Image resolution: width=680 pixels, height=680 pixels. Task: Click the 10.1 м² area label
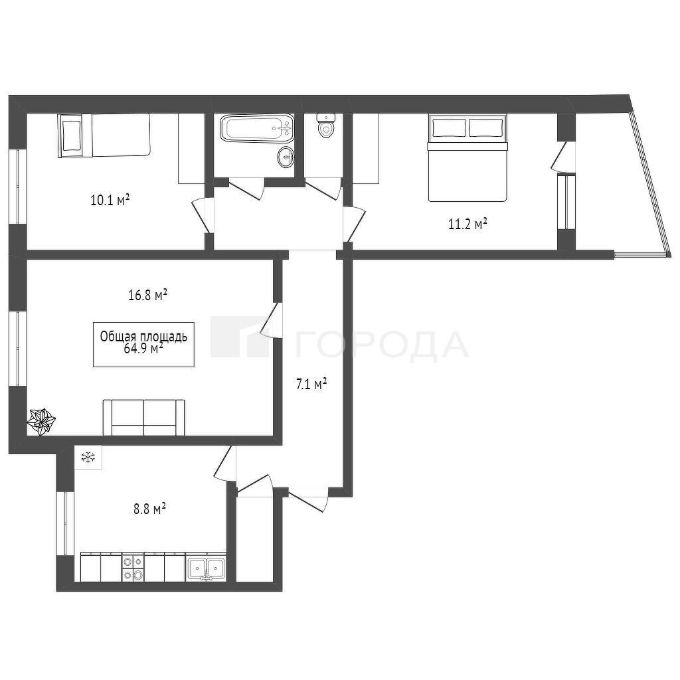point(110,201)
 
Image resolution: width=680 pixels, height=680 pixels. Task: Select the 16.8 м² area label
point(148,296)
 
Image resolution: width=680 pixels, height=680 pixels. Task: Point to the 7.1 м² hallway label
point(311,384)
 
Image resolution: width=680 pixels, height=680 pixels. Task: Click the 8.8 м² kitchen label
point(150,509)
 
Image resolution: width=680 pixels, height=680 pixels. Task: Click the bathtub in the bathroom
point(257,127)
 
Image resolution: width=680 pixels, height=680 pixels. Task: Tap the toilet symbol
point(325,126)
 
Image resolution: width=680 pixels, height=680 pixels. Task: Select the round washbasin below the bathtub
point(286,156)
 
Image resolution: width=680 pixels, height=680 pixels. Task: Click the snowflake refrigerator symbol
point(88,457)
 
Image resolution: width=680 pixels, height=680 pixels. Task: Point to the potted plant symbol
point(42,422)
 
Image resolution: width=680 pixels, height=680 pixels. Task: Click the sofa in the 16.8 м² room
point(144,417)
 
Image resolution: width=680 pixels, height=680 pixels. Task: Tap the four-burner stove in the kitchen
point(133,567)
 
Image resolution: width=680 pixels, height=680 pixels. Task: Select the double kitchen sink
point(206,567)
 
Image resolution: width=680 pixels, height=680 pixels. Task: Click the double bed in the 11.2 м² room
point(467,158)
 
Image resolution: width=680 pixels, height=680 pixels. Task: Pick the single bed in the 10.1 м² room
point(104,135)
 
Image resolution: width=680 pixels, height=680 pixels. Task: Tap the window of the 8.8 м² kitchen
point(65,523)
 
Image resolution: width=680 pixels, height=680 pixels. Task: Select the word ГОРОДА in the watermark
point(382,345)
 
